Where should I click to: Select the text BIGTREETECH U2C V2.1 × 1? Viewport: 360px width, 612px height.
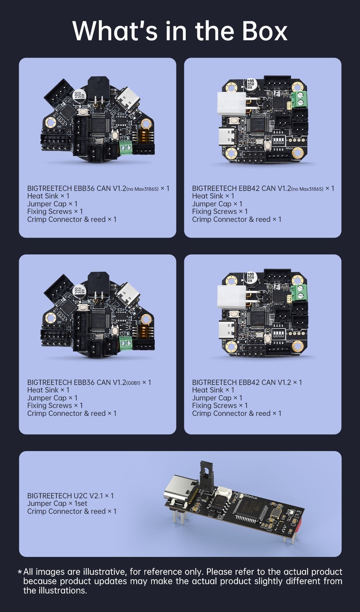[x=70, y=495]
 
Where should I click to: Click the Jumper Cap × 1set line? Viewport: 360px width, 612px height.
[x=57, y=504]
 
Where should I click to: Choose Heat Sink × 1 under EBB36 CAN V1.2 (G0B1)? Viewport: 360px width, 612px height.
[x=48, y=390]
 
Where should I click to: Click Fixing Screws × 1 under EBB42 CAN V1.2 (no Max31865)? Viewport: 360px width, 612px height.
[x=220, y=211]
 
